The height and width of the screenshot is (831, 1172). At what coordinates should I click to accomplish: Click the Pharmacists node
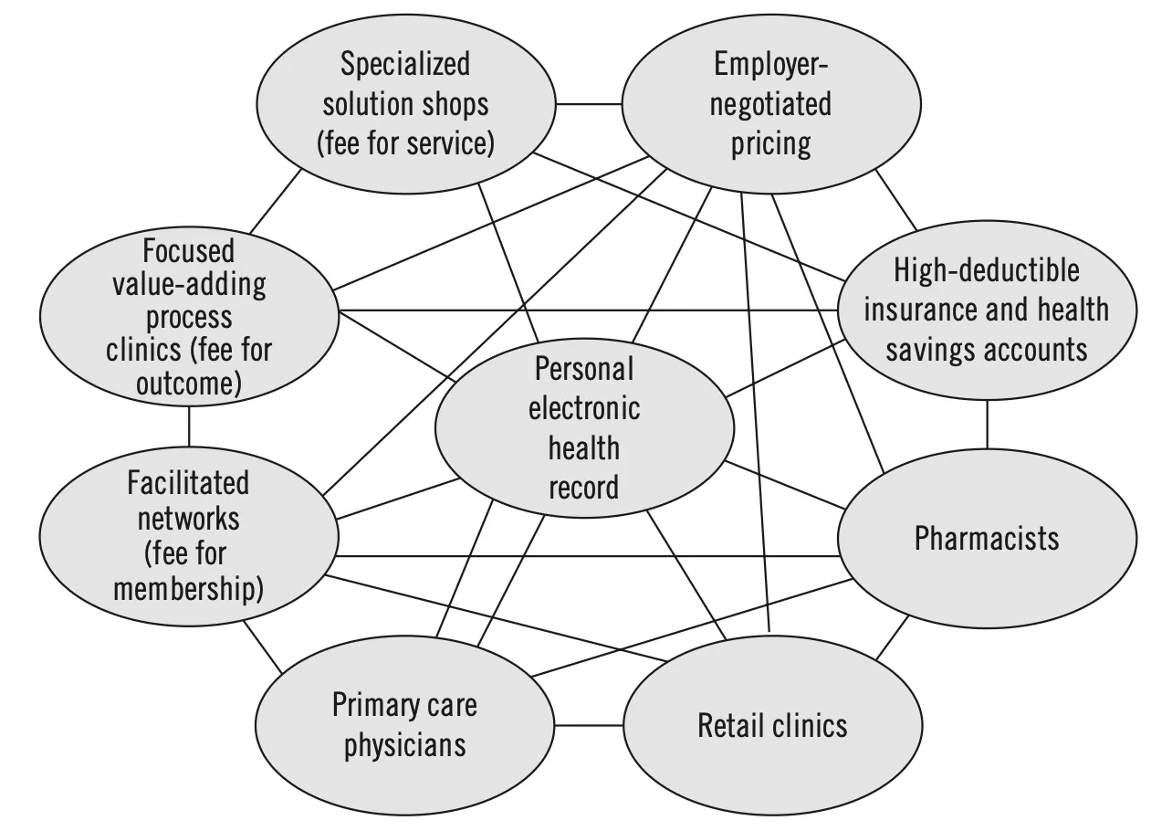click(987, 538)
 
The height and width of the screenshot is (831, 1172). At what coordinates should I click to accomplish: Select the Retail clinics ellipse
click(772, 725)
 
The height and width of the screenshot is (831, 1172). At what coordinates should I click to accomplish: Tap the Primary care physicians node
click(403, 725)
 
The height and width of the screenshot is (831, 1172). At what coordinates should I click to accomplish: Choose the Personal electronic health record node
click(584, 428)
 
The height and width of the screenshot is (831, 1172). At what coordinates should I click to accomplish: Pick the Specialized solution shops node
click(404, 103)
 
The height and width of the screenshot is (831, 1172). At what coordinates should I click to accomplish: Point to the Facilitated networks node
click(187, 536)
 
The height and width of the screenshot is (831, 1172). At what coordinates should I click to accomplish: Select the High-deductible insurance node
click(987, 310)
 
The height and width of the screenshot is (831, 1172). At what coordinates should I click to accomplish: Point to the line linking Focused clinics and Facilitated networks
click(189, 426)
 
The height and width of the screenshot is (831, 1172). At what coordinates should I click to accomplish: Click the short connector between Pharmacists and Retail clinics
click(893, 636)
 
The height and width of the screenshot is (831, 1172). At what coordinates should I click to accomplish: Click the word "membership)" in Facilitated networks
click(188, 589)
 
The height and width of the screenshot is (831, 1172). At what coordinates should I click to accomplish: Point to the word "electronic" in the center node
click(584, 408)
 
